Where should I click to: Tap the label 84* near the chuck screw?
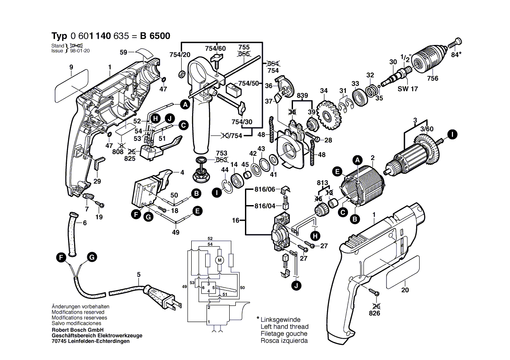(455, 55)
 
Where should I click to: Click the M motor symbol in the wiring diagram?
(220, 261)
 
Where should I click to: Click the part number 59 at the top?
(124, 53)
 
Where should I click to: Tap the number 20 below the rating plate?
(405, 290)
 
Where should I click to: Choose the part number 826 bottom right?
(374, 313)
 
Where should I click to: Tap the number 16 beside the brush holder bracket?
(236, 221)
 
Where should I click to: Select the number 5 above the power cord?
(138, 274)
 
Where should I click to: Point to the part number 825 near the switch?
(130, 159)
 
